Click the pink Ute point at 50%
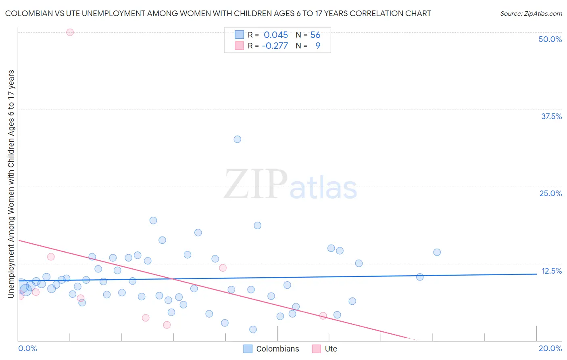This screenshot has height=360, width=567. coord(70,32)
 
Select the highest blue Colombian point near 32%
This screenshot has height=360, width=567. coord(237,139)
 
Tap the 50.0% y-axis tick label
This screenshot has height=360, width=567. coord(550,39)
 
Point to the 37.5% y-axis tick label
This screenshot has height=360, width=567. coord(551,116)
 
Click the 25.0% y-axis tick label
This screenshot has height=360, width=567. coord(550,193)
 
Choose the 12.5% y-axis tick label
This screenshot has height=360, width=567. coord(551,271)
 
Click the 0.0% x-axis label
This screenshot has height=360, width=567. coord(27,348)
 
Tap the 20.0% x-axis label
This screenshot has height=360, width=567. coord(550,348)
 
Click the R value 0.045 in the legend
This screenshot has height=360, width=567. coord(276,35)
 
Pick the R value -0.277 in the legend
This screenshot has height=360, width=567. coord(275,46)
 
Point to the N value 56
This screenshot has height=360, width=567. coord(315,35)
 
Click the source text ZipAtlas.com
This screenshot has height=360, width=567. coord(531,13)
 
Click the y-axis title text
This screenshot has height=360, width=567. coord(11,184)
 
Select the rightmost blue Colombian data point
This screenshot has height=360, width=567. coord(437,252)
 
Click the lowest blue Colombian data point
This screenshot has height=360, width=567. coord(253,329)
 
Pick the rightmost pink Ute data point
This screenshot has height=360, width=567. coord(323,316)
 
